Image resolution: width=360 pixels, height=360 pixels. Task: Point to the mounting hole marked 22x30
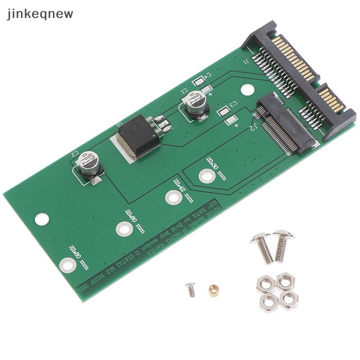tap(206, 175)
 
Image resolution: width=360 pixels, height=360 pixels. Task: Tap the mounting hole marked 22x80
tap(67, 265)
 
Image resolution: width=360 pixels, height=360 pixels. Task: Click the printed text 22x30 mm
tap(216, 168)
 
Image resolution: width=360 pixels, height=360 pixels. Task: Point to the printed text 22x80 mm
tap(79, 257)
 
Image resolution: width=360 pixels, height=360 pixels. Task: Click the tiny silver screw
tap(191, 289)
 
